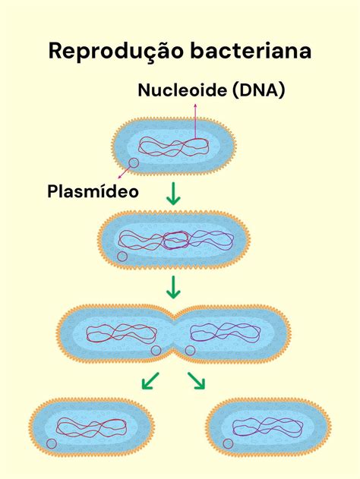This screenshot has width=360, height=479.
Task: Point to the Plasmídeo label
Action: (x=93, y=191)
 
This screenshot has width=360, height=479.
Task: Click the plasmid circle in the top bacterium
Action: (x=133, y=163)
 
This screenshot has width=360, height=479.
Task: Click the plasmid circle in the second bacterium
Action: (x=122, y=257)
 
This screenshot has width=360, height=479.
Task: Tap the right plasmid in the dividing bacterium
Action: (x=190, y=351)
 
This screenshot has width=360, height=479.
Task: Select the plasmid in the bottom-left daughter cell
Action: (x=52, y=443)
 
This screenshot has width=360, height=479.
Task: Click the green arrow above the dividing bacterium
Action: (x=174, y=288)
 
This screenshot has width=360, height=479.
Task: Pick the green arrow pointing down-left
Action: (x=151, y=380)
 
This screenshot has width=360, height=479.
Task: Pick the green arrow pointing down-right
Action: (x=197, y=380)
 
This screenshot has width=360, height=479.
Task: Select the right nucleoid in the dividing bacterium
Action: (x=226, y=332)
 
